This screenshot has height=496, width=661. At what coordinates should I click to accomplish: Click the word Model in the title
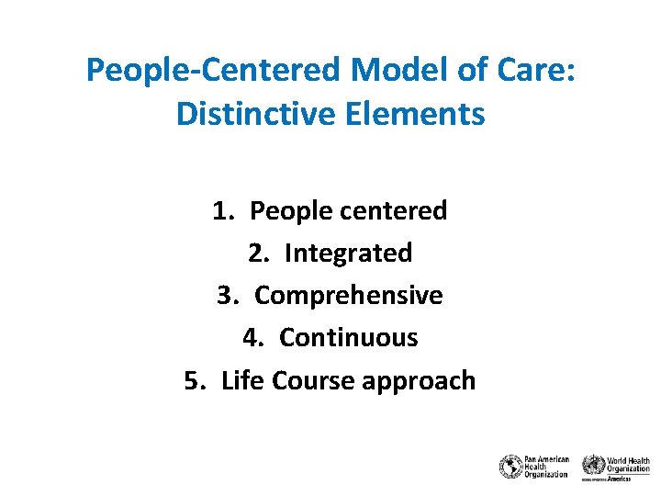(392, 71)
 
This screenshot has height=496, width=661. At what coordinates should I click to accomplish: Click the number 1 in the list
(221, 211)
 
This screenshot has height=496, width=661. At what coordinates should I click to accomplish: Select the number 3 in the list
(226, 296)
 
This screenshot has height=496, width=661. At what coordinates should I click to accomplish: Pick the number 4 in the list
(251, 338)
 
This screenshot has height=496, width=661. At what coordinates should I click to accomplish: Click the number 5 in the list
(193, 380)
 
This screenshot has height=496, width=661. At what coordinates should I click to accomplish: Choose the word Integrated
(348, 254)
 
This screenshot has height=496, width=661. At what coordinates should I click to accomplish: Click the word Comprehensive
(349, 296)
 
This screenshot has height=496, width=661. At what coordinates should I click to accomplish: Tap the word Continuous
(349, 338)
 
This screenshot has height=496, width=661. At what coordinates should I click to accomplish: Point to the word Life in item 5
(242, 380)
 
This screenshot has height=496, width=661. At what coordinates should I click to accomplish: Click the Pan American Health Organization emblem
(510, 467)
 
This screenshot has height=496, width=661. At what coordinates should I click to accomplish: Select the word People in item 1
(291, 211)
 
